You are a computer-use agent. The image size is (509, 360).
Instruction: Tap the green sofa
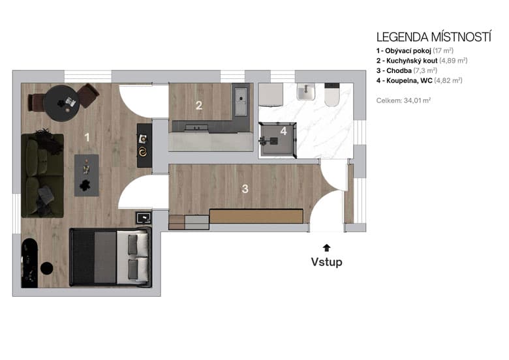click(x=42, y=173)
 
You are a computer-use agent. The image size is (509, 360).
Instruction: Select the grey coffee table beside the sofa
click(x=87, y=175)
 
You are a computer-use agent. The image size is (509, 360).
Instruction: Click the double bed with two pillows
click(x=110, y=257)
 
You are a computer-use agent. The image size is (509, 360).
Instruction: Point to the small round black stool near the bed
click(x=47, y=267)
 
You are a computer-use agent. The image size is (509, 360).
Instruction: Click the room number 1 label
click(x=87, y=137)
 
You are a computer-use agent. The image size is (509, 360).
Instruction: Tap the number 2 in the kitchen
click(x=199, y=105)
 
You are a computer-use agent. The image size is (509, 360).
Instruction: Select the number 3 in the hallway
click(x=245, y=189)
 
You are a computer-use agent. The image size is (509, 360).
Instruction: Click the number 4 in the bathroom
click(x=283, y=130)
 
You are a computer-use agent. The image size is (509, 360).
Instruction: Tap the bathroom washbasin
click(x=305, y=94)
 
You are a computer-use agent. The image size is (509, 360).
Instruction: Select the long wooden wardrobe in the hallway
click(x=256, y=217)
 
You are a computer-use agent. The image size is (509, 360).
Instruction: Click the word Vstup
click(x=326, y=262)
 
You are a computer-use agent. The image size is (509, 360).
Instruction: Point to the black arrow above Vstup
click(x=326, y=247)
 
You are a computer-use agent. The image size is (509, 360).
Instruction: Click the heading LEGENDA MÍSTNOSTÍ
click(x=433, y=37)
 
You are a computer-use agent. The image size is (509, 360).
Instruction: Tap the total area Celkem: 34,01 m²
click(x=403, y=100)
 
